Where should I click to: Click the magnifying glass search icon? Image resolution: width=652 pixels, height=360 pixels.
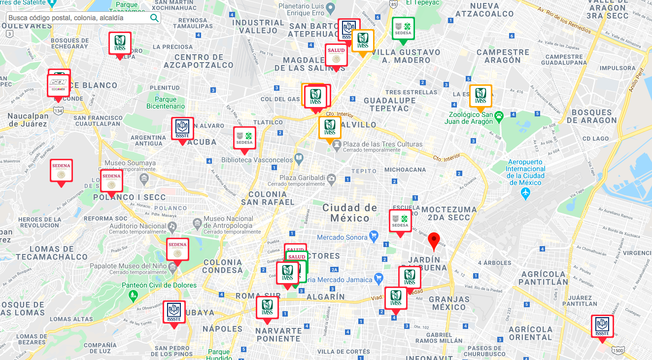pos(154,18)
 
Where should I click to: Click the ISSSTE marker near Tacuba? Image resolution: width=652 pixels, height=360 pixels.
pos(182,129)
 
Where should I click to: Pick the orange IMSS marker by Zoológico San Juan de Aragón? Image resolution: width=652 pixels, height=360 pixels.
pos(480,96)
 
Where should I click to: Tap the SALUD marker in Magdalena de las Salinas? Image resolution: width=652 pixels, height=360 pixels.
pos(336,55)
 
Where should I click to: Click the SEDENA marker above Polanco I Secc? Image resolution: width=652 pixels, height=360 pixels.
pos(111,181)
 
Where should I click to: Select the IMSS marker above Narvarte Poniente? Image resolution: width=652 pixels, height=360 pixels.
pos(267,307)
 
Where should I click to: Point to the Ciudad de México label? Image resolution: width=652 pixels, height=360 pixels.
pos(350,213)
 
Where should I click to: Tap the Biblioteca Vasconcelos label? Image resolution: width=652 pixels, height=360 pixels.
pos(257,160)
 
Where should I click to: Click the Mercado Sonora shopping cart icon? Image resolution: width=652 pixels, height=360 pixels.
pos(374,235)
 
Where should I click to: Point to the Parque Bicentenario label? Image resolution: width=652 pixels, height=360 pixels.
pos(166,103)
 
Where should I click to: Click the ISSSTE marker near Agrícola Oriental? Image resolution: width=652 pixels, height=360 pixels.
pos(602,326)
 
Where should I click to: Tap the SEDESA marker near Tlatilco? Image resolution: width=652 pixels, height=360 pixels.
pos(244,138)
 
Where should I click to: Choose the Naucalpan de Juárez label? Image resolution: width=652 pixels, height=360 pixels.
pos(28,120)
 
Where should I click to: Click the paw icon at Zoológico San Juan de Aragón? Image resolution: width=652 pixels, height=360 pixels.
pos(499,116)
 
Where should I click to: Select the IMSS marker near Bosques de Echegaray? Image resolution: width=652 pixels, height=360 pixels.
pos(120,43)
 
